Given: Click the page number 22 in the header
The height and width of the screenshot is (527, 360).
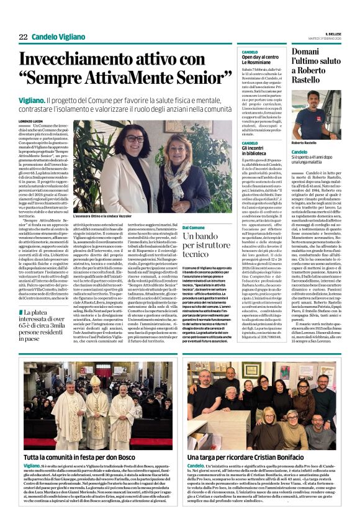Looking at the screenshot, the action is click(23, 37).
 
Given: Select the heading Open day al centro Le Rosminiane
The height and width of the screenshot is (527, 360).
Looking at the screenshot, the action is click(258, 60).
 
